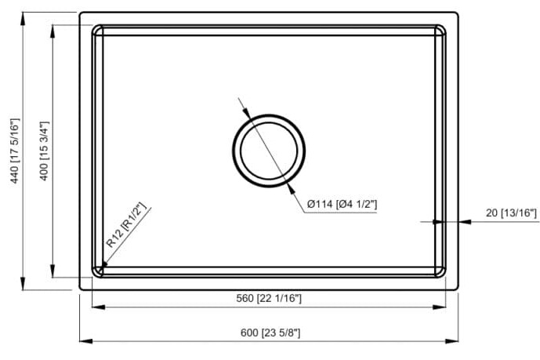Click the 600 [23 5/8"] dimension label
(270, 333)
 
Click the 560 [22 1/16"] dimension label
(268, 299)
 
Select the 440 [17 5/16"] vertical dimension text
(14, 151)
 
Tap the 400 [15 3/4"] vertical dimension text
(45, 151)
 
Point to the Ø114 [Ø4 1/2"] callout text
(342, 205)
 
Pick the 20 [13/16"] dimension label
(510, 213)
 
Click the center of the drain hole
(269, 151)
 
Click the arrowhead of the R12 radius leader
(100, 269)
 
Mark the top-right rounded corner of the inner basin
(440, 30)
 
